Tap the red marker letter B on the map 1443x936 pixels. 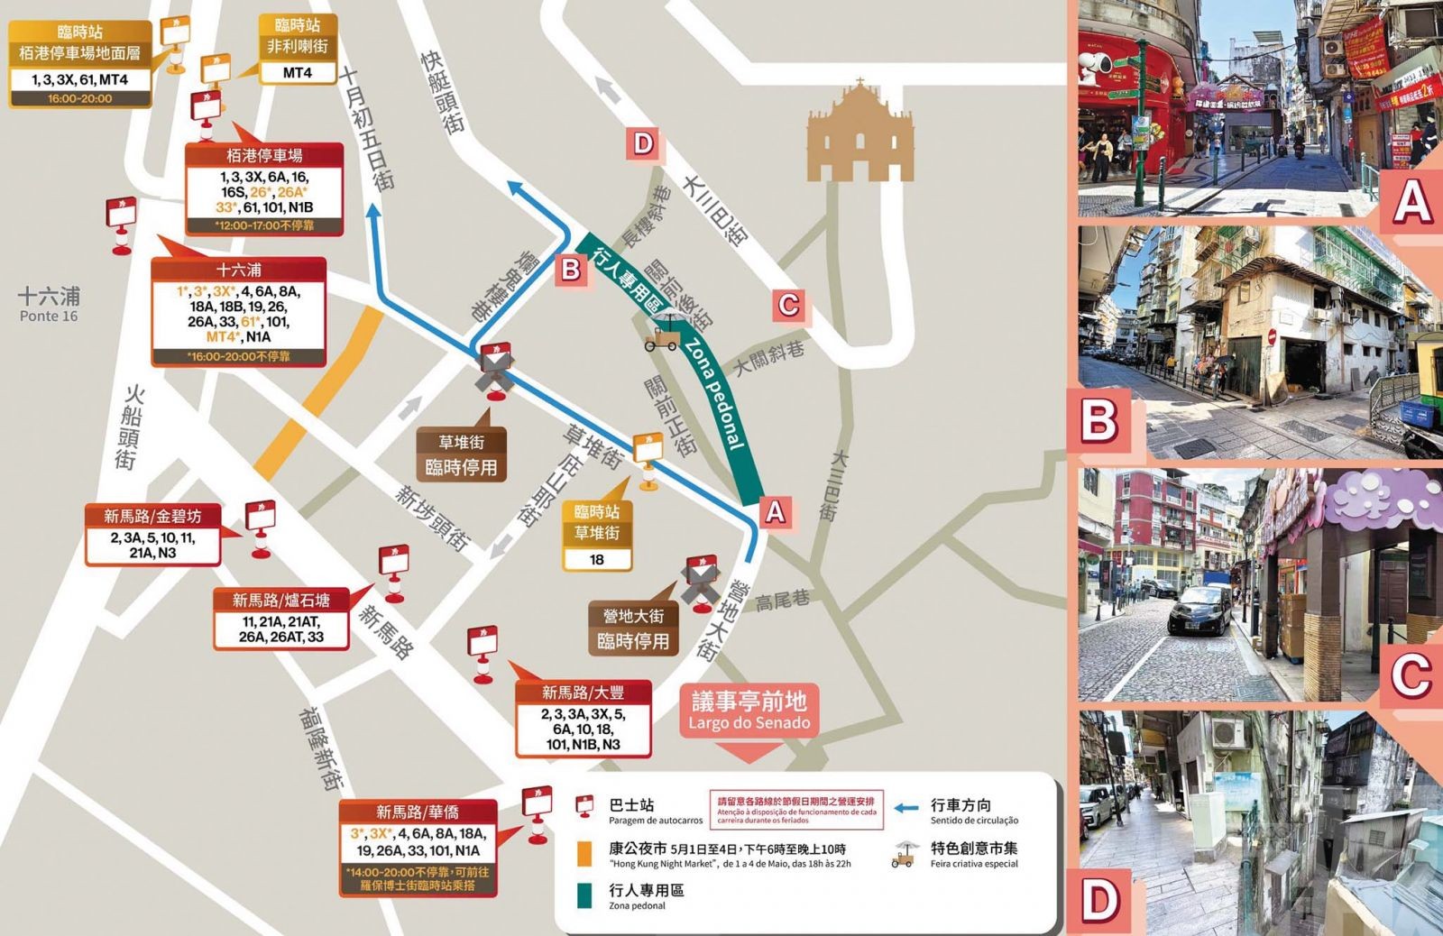pos(571,269)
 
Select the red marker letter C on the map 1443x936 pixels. pos(788,305)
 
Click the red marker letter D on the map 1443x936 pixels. pos(643,143)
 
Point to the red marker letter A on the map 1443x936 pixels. pos(775,511)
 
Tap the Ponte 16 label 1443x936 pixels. pos(49,305)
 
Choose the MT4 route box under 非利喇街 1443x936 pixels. pos(297,72)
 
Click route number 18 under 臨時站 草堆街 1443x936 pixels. pos(597,559)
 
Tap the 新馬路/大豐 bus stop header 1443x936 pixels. pos(583,693)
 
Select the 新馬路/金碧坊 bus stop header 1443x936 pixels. pos(152,516)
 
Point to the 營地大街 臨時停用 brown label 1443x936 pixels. pos(633,628)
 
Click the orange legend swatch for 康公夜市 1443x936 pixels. pos(584,853)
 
